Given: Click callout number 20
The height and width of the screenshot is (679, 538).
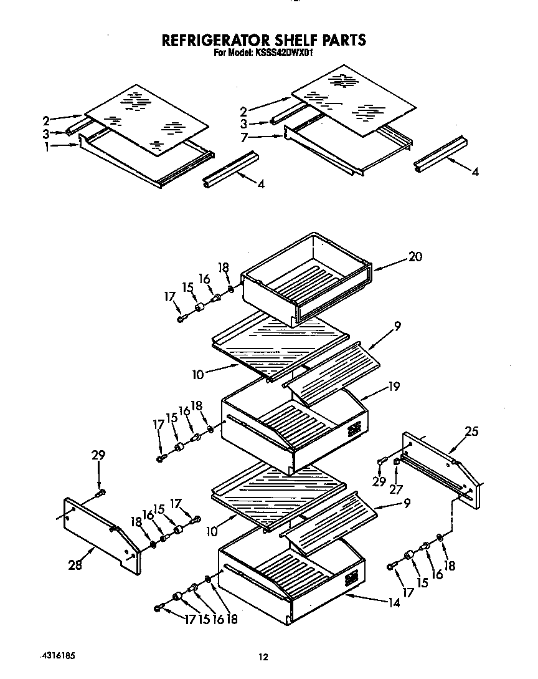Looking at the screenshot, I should coord(415,257).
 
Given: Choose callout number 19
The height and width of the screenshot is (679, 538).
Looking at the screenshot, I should coord(392,387).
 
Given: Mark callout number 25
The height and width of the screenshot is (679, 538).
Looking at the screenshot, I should coord(471,431).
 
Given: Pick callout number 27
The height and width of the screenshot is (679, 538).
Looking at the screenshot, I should coord(395,489).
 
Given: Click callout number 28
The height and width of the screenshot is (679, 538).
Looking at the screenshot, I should coord(75,565).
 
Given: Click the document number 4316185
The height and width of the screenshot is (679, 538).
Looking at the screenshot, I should coord(61,655).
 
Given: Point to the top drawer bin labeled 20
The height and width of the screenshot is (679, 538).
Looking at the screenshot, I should coord(305,277).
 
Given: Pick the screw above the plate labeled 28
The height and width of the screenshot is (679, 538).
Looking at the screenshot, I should coord(100,494).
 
